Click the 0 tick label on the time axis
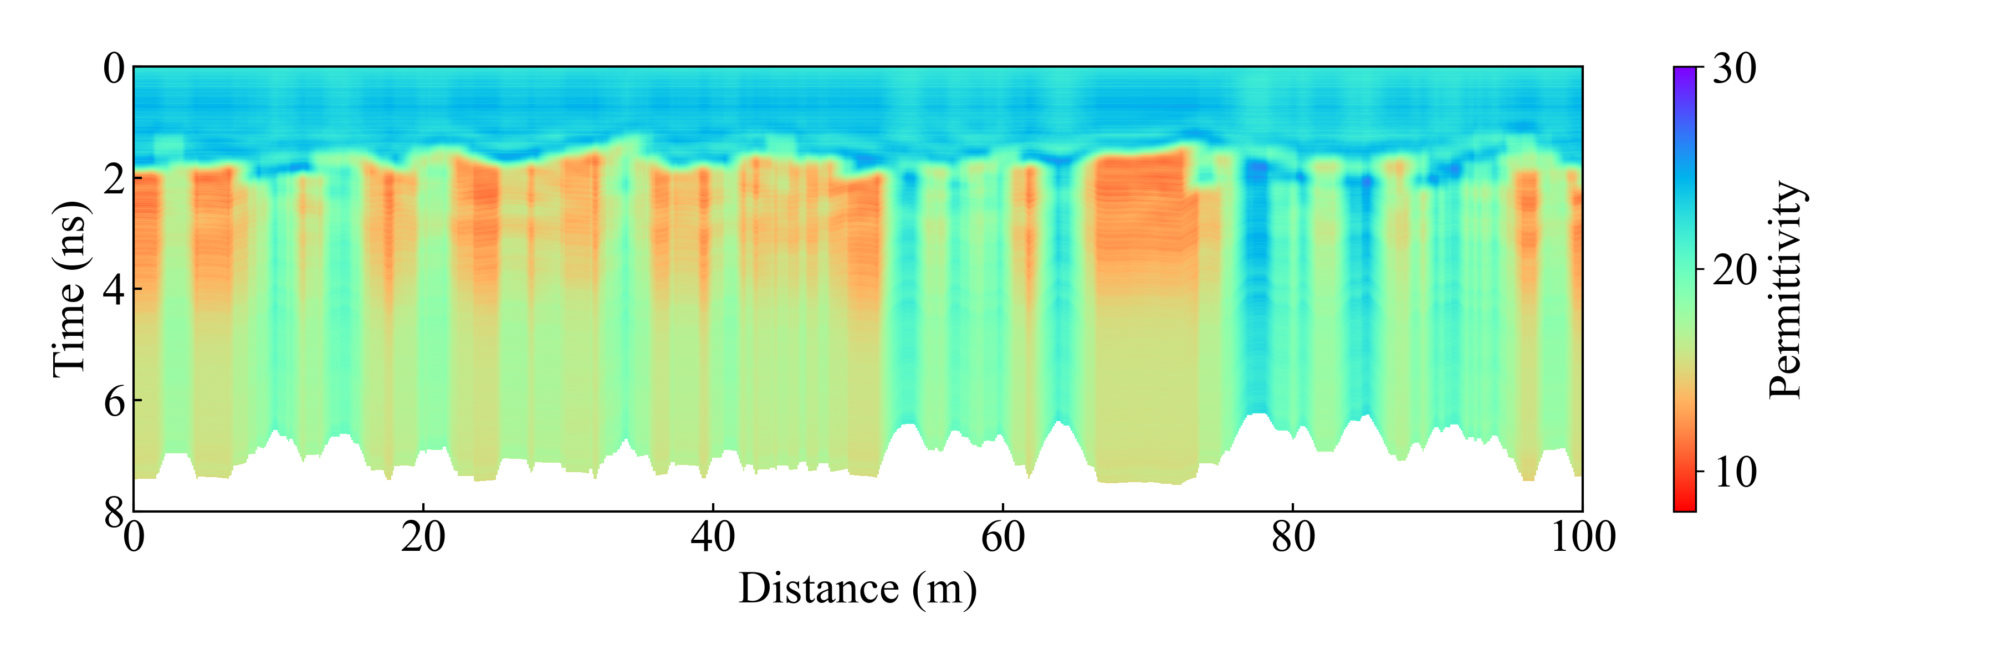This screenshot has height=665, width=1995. click(x=114, y=69)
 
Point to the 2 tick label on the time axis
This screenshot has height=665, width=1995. click(x=114, y=180)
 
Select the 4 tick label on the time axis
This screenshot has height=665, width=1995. click(x=114, y=290)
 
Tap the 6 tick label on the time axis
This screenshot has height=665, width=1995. click(x=114, y=401)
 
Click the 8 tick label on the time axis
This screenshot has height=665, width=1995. click(x=114, y=511)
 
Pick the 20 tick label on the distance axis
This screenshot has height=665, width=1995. click(x=423, y=537)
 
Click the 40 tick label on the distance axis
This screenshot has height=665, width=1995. click(x=713, y=537)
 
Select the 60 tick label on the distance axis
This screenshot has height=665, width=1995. click(x=1003, y=537)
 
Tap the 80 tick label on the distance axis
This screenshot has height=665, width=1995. click(x=1292, y=537)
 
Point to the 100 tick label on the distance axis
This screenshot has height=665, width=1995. click(x=1582, y=537)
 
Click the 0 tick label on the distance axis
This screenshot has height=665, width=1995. click(x=134, y=537)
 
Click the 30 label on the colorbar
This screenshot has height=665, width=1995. click(x=1734, y=69)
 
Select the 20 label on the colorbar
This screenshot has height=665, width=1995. click(x=1734, y=270)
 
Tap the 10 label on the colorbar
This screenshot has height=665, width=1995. click(x=1734, y=472)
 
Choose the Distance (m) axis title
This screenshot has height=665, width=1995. click(x=857, y=589)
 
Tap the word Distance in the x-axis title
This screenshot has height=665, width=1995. click(x=819, y=589)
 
